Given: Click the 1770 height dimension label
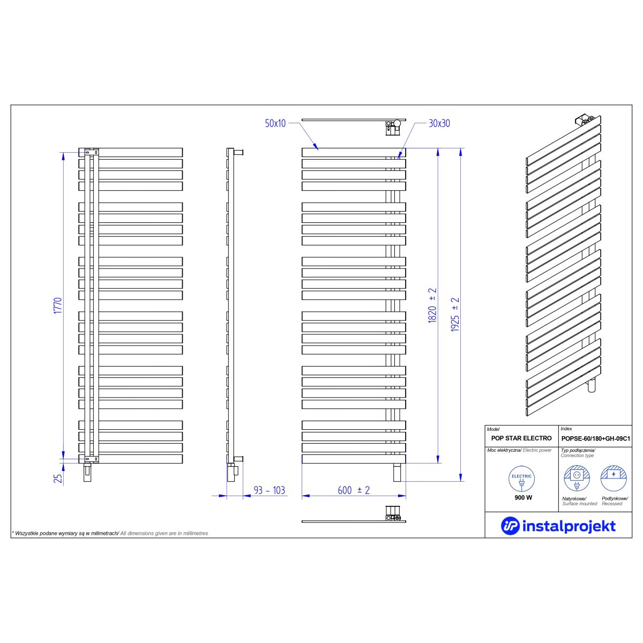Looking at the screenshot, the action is click(x=58, y=305).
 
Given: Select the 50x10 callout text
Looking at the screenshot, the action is click(x=275, y=123).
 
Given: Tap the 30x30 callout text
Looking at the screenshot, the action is click(x=439, y=123).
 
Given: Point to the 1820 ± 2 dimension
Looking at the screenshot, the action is click(x=432, y=305).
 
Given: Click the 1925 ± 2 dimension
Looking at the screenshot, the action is click(x=455, y=315).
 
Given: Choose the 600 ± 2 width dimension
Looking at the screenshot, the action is click(x=354, y=490).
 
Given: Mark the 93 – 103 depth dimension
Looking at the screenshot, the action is click(x=270, y=490).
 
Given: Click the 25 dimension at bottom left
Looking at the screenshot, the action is click(x=58, y=478).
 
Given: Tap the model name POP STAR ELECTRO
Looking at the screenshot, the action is click(x=521, y=438).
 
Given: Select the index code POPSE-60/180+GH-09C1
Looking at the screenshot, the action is click(x=596, y=438).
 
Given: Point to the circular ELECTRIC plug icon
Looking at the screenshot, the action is click(x=521, y=479).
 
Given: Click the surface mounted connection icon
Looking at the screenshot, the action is click(x=577, y=478).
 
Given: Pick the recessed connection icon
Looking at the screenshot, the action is click(x=614, y=478).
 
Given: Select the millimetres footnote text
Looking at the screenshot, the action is click(x=110, y=533).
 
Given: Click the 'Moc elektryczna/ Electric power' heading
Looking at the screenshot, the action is click(x=519, y=450).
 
